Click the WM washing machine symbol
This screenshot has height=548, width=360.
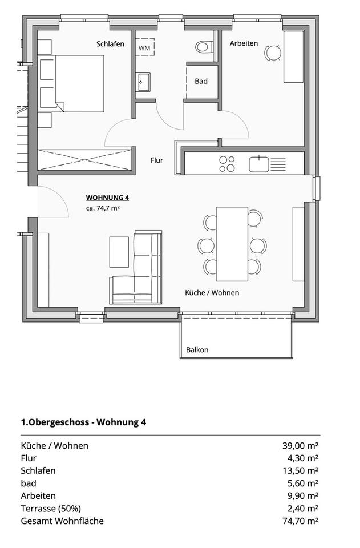point(145,48)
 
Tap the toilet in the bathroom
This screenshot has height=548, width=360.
point(203,46)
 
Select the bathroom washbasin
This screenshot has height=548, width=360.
point(143,82)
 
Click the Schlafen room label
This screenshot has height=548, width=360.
point(110,43)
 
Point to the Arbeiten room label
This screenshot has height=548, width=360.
point(244,43)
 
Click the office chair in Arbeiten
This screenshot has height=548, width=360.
point(272,53)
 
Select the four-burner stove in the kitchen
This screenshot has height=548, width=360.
point(227,164)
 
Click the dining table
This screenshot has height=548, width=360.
point(232,244)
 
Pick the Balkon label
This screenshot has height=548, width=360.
point(197,350)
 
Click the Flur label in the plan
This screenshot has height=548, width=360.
point(157,160)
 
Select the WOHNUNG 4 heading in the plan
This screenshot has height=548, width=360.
point(107,198)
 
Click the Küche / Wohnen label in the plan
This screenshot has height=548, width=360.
point(212,292)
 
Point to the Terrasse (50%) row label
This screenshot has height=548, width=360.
point(51,508)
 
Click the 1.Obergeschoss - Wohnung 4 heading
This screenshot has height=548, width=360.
point(83,422)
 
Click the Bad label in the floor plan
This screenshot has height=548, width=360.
point(201,81)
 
